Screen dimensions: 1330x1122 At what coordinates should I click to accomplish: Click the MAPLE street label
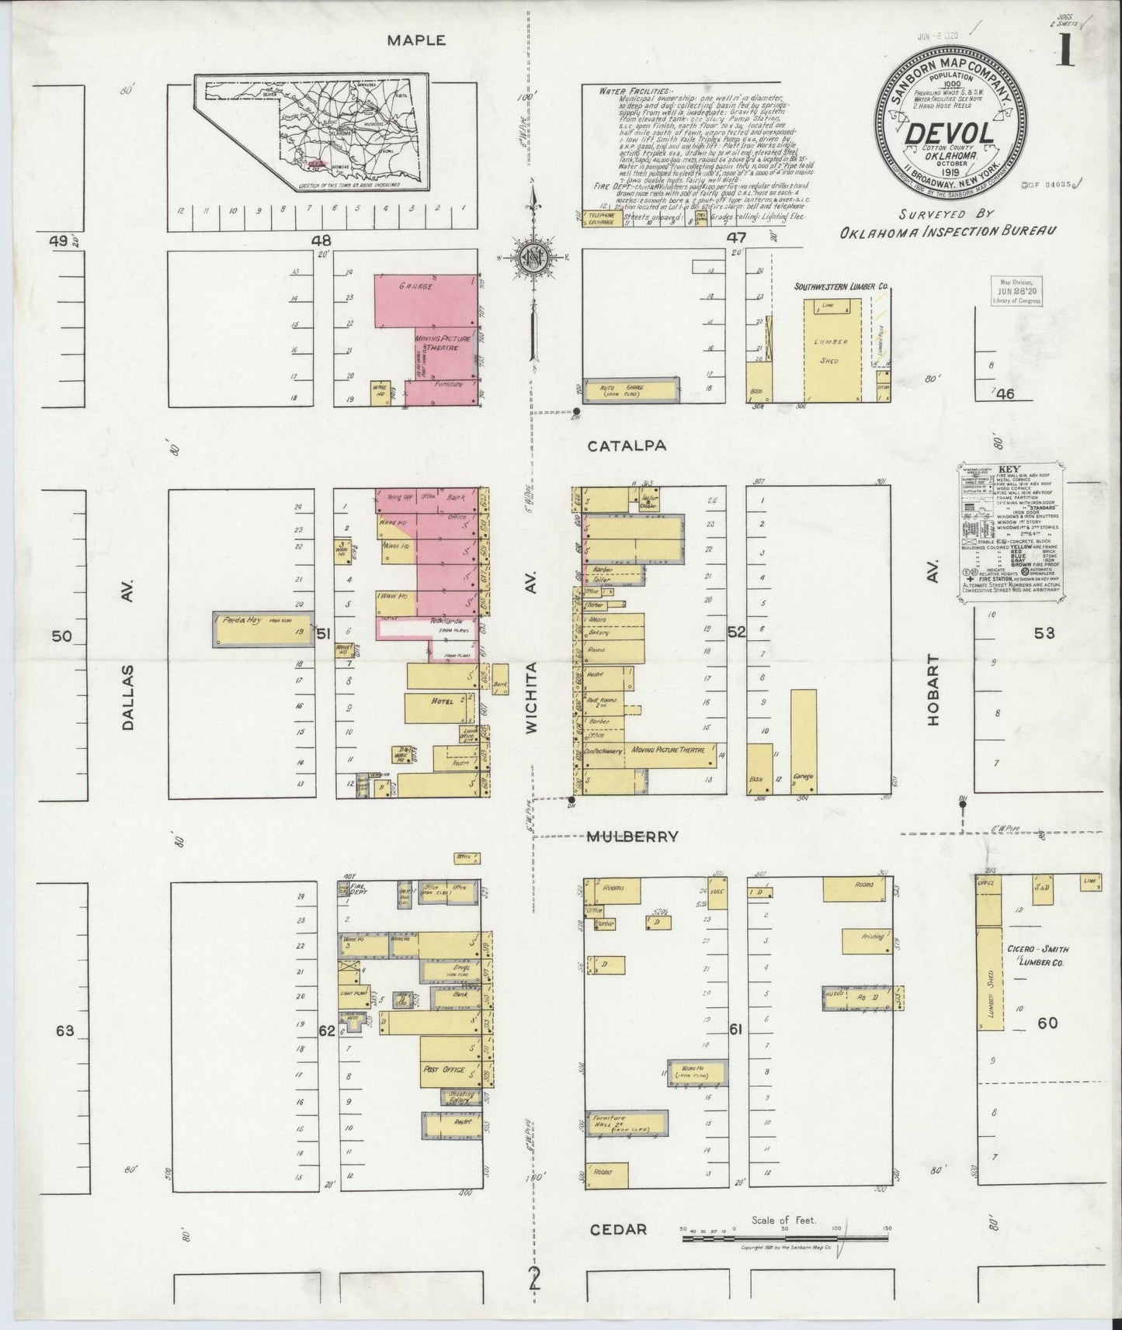tap(417, 40)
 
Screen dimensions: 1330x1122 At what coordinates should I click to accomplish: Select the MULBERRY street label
tap(632, 836)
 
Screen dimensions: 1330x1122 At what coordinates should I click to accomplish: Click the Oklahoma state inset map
tap(312, 133)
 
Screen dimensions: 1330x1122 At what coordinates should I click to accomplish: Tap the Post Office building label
tap(444, 1069)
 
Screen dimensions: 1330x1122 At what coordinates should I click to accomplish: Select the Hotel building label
tap(442, 701)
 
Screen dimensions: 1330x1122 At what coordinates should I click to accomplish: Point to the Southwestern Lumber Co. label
tap(839, 287)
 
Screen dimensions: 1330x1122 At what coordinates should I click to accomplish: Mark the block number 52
tap(736, 632)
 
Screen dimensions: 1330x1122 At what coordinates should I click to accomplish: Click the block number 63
tap(64, 1030)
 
